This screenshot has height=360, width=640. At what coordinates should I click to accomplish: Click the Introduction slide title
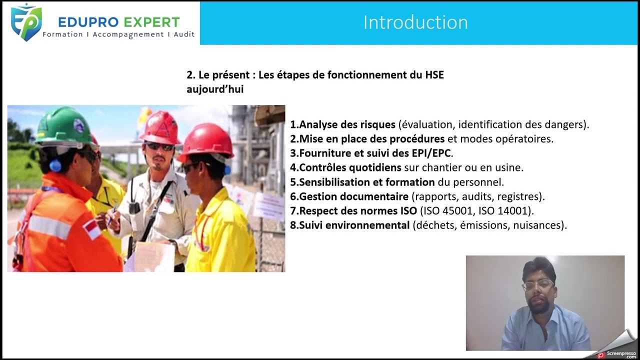coord(415,22)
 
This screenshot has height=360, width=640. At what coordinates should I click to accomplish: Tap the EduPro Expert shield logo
coord(26,22)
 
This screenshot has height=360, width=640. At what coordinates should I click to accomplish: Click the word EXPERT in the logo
coord(152,22)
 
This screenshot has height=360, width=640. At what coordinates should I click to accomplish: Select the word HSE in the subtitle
coord(434,75)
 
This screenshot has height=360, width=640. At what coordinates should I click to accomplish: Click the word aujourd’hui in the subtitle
coord(215,89)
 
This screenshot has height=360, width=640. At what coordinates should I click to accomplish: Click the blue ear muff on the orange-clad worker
coord(55,165)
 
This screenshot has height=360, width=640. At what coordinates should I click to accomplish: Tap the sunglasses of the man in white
coord(159,146)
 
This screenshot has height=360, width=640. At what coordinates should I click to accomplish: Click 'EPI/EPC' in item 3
coord(431,153)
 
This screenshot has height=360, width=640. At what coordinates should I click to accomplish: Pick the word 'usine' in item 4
coord(509,167)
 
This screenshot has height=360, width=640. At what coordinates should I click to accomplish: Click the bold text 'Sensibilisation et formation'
coord(366,182)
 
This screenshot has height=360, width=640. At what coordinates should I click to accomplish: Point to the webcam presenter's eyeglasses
coord(538,284)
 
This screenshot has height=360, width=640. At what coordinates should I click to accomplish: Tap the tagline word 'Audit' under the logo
coord(184,34)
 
